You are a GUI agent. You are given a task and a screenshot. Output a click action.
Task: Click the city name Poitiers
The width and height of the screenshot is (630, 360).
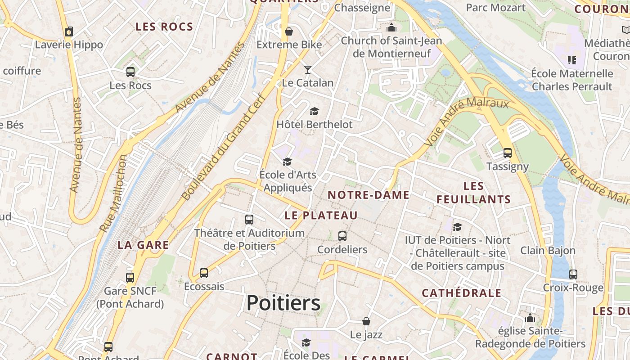click(x=283, y=303)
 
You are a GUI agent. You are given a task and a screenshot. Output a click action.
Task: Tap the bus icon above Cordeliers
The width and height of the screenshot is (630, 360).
click(x=342, y=236)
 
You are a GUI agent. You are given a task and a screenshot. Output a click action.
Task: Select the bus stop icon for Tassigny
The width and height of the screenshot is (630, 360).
click(x=508, y=153)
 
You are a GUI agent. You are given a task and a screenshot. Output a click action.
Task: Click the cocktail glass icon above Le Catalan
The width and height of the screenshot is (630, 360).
click(x=308, y=69)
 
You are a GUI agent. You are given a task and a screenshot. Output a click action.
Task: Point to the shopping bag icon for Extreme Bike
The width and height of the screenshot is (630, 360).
click(x=289, y=31)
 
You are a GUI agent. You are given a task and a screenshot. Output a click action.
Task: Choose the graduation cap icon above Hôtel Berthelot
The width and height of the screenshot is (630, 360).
click(x=314, y=111)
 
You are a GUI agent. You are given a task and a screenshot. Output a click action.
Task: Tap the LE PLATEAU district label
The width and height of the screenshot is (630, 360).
click(x=321, y=215)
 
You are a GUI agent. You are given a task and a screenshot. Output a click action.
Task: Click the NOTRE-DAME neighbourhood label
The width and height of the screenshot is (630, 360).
click(x=369, y=195)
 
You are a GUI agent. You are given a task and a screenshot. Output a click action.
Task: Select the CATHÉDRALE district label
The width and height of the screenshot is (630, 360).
click(x=461, y=293)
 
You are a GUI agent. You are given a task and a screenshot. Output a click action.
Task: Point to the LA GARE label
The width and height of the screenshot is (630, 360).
click(x=143, y=245)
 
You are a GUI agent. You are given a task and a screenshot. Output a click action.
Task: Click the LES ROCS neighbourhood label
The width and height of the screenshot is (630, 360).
click(x=164, y=27)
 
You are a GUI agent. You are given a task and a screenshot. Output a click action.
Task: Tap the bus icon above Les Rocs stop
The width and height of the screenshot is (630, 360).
click(x=130, y=72)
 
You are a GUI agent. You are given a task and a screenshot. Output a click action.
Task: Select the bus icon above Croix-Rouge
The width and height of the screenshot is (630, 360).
click(x=573, y=274)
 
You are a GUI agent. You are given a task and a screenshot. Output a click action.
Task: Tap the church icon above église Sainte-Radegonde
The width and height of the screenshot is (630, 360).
click(x=530, y=318)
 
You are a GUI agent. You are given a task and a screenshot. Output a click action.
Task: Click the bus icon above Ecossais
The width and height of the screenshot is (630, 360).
click(x=204, y=273)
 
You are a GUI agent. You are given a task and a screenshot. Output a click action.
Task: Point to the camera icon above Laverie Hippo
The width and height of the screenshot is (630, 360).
click(x=69, y=31)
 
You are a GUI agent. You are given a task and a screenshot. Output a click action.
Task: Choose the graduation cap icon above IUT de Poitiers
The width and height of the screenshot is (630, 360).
click(x=458, y=227)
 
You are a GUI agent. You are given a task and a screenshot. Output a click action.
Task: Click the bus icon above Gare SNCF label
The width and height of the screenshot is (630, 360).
click(x=130, y=277)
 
